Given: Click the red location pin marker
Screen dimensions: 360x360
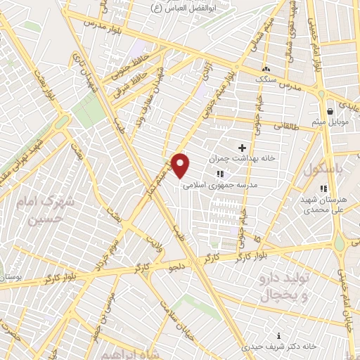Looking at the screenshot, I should [x=181, y=165].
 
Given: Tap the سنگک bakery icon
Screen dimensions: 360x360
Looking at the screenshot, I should [x=266, y=70].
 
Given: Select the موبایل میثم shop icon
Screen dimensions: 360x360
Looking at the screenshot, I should [x=330, y=111].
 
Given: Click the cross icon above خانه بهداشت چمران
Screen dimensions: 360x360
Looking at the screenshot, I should [x=243, y=148].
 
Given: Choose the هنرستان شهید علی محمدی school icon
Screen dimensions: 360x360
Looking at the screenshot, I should [x=323, y=188].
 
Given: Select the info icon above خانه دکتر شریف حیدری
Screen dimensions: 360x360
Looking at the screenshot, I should [x=280, y=335].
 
